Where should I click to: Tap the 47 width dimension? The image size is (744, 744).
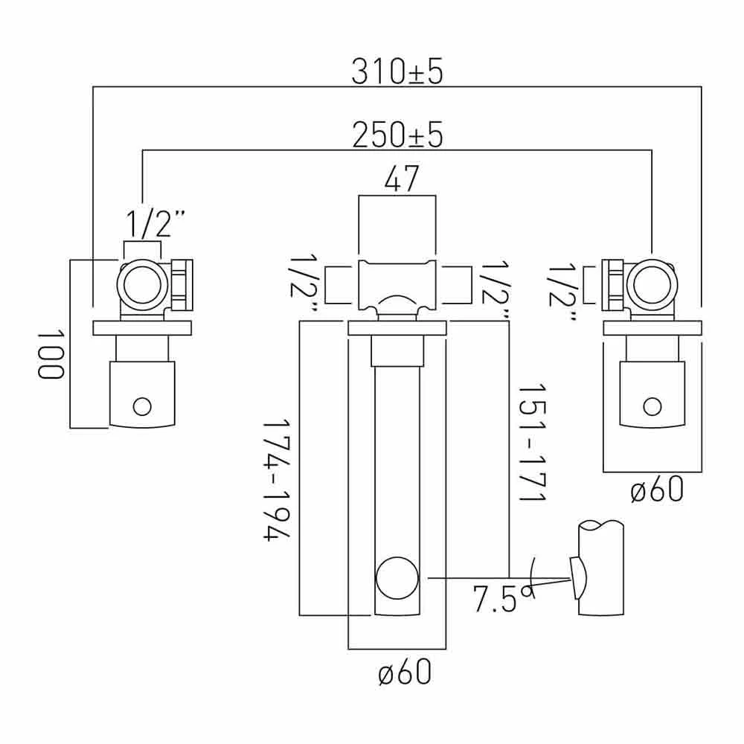click(x=402, y=179)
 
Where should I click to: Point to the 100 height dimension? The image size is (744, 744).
click(x=51, y=353)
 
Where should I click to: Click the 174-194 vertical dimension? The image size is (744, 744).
click(x=277, y=480)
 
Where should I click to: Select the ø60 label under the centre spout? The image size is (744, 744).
click(x=405, y=672)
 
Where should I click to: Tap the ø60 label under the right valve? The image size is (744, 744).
click(x=657, y=490)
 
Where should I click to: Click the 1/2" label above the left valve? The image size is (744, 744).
click(x=155, y=225)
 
